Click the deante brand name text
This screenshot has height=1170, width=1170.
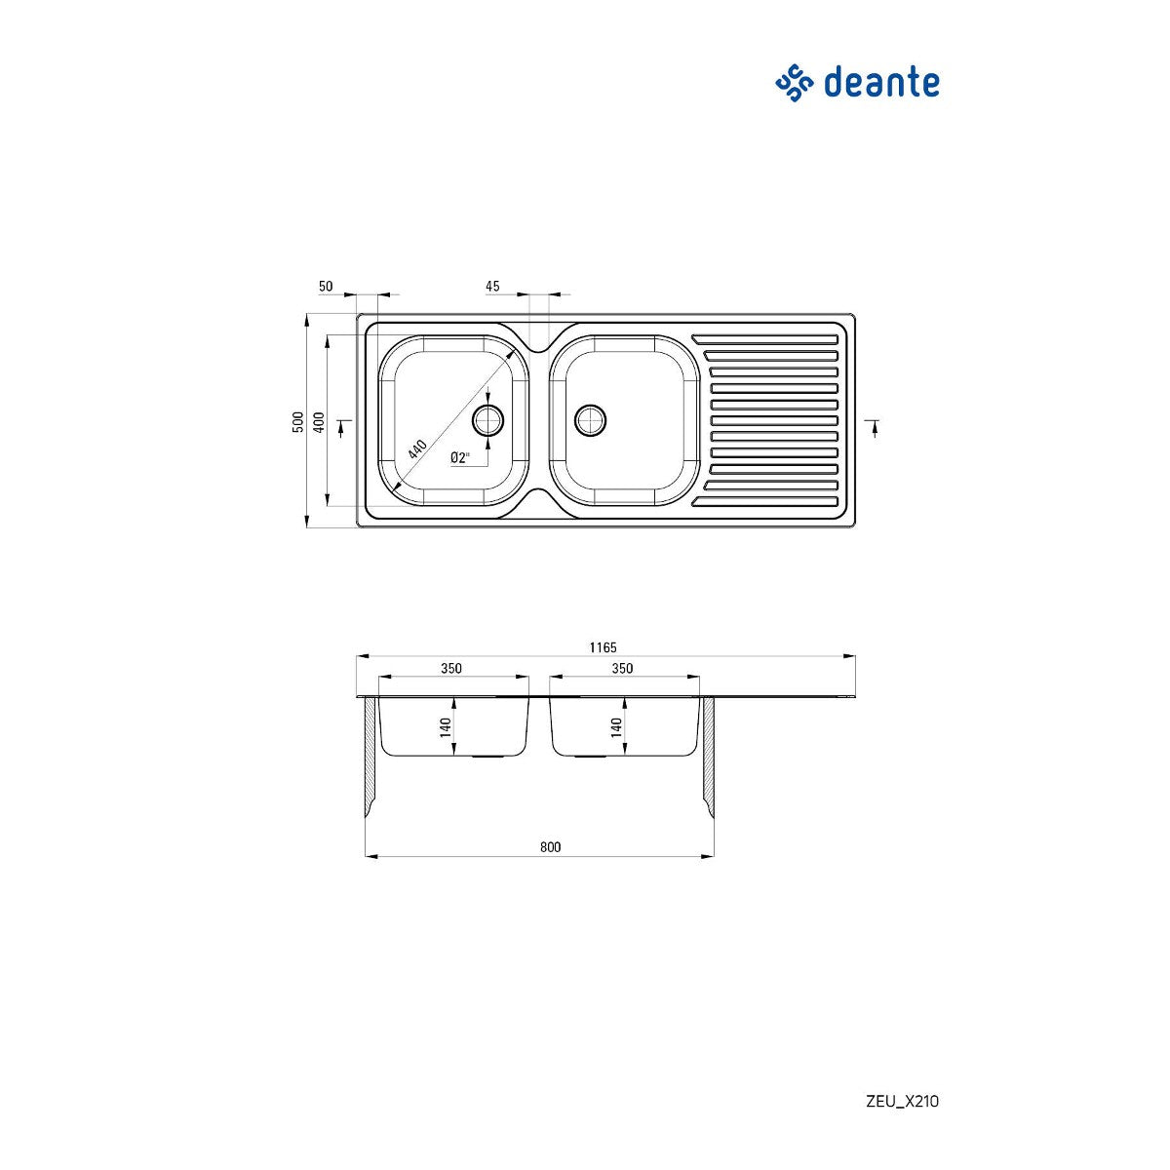[x=881, y=83]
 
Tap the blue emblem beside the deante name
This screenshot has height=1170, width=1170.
[x=794, y=83]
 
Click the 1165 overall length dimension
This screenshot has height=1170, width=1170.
[x=603, y=647]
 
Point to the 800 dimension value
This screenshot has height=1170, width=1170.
[x=551, y=847]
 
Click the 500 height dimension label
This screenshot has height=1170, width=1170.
[x=297, y=421]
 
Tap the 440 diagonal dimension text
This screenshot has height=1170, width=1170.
[x=418, y=448]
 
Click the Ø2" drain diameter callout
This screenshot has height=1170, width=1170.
[x=460, y=456]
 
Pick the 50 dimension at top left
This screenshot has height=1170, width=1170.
[x=326, y=286]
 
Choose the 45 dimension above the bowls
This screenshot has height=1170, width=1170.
[x=492, y=286]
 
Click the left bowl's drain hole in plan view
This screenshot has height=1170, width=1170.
[x=487, y=420]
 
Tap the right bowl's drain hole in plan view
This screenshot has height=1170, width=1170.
[x=590, y=420]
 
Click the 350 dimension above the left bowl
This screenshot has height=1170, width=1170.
[x=450, y=668]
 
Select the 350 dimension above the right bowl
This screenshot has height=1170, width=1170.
[x=622, y=668]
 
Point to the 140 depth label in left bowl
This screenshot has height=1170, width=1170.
[x=445, y=726]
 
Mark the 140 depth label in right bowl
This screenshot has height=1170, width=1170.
[x=615, y=726]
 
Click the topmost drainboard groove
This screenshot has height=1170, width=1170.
[x=765, y=339]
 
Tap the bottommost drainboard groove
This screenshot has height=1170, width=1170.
[x=765, y=503]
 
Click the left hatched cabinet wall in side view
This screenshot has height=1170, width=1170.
[x=370, y=756]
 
